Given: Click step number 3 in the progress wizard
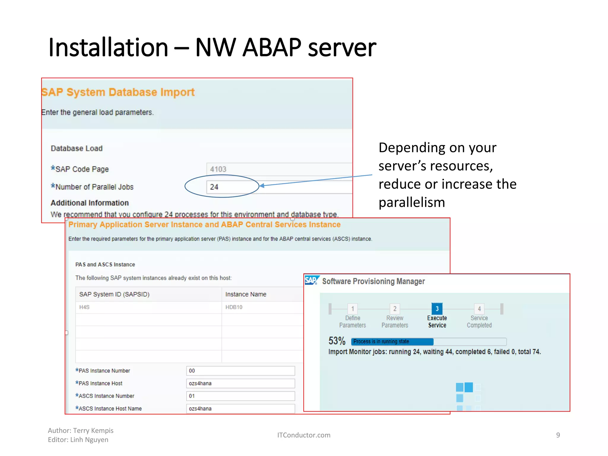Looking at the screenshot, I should point(437,309).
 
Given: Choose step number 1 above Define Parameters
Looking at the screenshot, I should point(353,309).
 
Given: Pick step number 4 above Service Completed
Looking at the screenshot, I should point(479,309).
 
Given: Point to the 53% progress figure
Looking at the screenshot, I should point(337,341).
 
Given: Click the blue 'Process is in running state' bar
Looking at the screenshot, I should point(392,342).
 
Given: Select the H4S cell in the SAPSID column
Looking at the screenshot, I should point(84,307).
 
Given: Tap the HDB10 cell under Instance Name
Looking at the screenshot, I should point(234,307).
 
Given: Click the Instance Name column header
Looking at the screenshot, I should point(246,294).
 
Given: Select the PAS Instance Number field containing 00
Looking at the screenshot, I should point(240,371).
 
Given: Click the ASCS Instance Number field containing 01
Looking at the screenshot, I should point(240,396).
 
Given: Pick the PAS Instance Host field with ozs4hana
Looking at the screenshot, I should point(240,384).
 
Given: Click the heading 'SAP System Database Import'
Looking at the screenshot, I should point(118,92).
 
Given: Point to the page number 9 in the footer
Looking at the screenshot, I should point(558,435).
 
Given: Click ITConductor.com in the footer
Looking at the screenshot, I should point(304,435).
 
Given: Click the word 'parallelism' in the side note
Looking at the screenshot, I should point(412,202).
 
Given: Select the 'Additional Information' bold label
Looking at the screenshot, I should point(90,203).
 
